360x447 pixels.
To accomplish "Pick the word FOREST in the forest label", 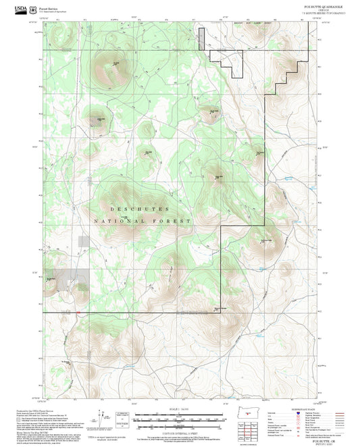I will click(x=174, y=221).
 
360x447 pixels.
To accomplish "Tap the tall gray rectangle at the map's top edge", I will click(x=201, y=38).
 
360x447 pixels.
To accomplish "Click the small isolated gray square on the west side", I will click(x=82, y=240).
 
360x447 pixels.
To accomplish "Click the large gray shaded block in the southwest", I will click(x=76, y=278).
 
